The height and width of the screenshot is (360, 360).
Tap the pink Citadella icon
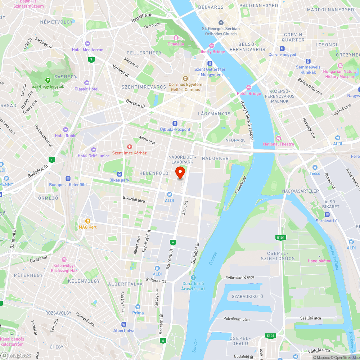[176, 38]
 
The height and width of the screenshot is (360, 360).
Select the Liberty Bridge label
[212, 52]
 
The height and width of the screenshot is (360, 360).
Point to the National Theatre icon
[278, 138]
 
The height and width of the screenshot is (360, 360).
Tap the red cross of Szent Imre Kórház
[129, 147]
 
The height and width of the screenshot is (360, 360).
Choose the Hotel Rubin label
[66, 136]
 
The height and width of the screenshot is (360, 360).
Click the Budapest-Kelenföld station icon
[68, 179]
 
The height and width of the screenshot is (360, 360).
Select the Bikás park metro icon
[120, 174]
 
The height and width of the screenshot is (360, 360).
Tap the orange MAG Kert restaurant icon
[87, 221]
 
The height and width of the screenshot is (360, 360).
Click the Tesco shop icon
[315, 167]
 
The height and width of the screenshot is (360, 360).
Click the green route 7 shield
[92, 60]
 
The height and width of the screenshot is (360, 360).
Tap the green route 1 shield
[52, 160]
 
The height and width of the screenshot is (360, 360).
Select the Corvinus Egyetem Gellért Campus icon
[185, 78]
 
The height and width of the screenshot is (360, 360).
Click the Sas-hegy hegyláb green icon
[48, 80]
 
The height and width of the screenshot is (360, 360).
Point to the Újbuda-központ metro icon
[175, 123]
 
